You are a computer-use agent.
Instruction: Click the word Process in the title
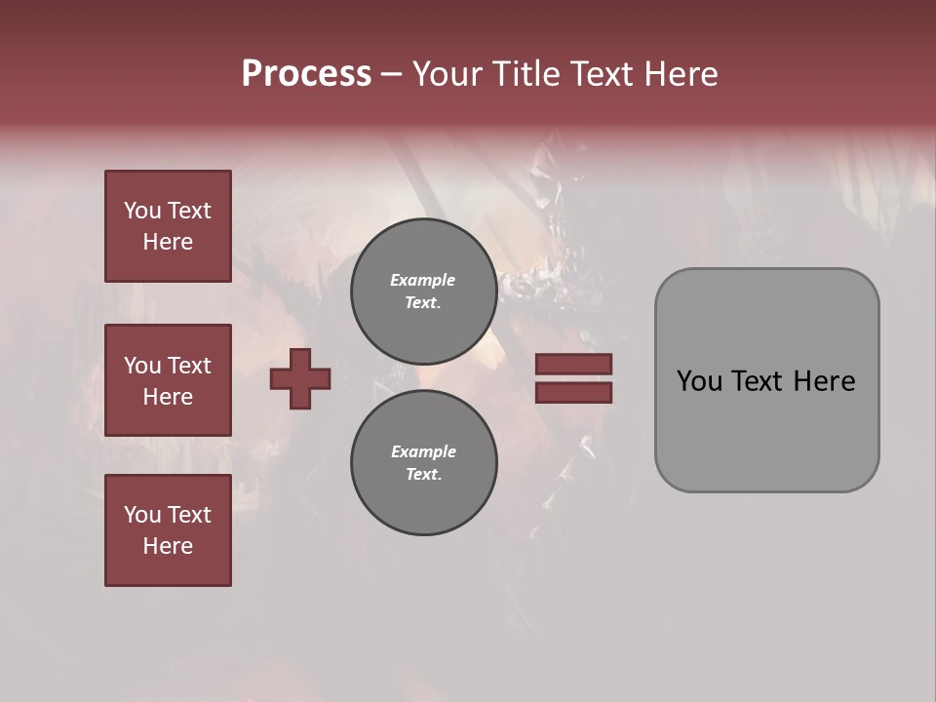coord(306,74)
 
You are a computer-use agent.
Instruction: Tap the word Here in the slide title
coord(676,74)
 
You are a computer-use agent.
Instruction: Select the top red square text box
coord(168,226)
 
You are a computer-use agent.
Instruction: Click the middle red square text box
coord(168,380)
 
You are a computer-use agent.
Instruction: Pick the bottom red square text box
coord(168,530)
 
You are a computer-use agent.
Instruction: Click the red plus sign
coord(300,378)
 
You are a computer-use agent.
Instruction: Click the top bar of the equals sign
coord(573,364)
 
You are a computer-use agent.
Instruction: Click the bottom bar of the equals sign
coord(573,393)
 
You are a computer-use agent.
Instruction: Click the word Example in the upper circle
coord(423,280)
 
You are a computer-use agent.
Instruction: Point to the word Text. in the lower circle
coord(423,475)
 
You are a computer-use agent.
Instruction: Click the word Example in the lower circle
coord(423,451)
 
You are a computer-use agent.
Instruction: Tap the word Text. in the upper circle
coord(423,303)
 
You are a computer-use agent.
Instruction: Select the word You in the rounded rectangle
coord(699,381)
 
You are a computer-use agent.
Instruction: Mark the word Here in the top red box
coord(168,242)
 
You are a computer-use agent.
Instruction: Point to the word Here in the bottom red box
coord(168,546)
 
